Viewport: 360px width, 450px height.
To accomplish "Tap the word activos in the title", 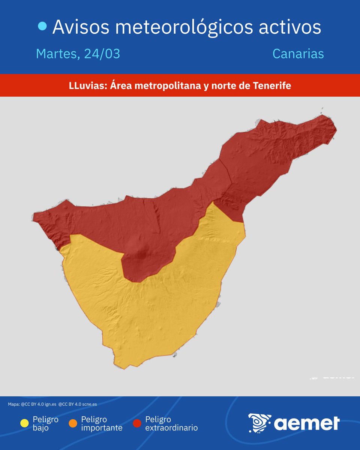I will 291,27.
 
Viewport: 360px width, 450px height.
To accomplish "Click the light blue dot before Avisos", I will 43,26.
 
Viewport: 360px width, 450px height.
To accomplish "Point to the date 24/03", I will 102,54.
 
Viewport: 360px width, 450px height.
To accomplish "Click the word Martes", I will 57,54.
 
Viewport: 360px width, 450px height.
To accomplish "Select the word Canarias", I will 298,54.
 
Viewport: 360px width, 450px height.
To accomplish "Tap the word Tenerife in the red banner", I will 272,86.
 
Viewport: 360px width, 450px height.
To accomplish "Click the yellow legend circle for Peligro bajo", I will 24,424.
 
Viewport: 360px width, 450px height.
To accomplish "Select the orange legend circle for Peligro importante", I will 73,424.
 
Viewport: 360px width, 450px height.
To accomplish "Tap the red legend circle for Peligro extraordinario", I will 137,424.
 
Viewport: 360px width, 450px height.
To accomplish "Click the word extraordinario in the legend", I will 171,428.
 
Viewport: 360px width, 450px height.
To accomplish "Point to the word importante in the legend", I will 102,428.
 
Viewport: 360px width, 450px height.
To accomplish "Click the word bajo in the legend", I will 40,428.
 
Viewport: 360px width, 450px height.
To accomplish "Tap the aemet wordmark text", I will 307,423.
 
